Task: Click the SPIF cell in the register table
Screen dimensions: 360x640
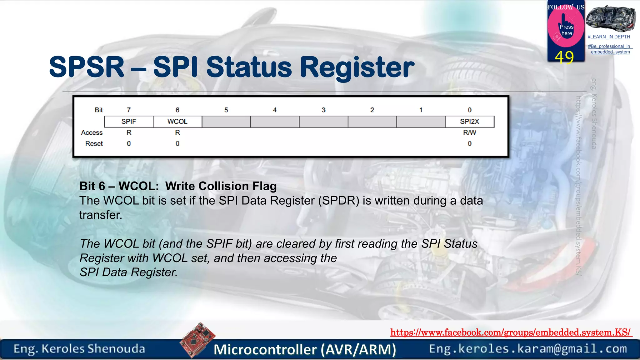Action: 129,122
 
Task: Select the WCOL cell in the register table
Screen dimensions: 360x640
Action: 177,122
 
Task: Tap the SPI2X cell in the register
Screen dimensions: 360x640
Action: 469,122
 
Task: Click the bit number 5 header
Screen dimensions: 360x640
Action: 226,110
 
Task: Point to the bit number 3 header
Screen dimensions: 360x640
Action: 323,110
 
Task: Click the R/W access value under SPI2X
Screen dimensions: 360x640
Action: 469,132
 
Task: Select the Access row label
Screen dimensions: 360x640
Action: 92,132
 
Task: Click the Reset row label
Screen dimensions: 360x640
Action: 94,144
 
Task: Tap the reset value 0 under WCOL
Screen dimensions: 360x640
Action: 177,144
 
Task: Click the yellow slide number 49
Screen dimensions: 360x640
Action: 564,57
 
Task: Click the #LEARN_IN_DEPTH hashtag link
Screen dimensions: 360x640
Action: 609,37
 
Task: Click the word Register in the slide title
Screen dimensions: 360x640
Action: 357,67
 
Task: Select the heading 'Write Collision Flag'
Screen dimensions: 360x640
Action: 221,186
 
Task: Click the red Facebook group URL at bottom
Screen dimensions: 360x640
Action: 511,332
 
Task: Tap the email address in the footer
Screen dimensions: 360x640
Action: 528,349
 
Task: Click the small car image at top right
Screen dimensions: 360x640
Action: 611,19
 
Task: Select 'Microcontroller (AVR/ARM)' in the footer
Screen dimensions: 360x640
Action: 305,350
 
